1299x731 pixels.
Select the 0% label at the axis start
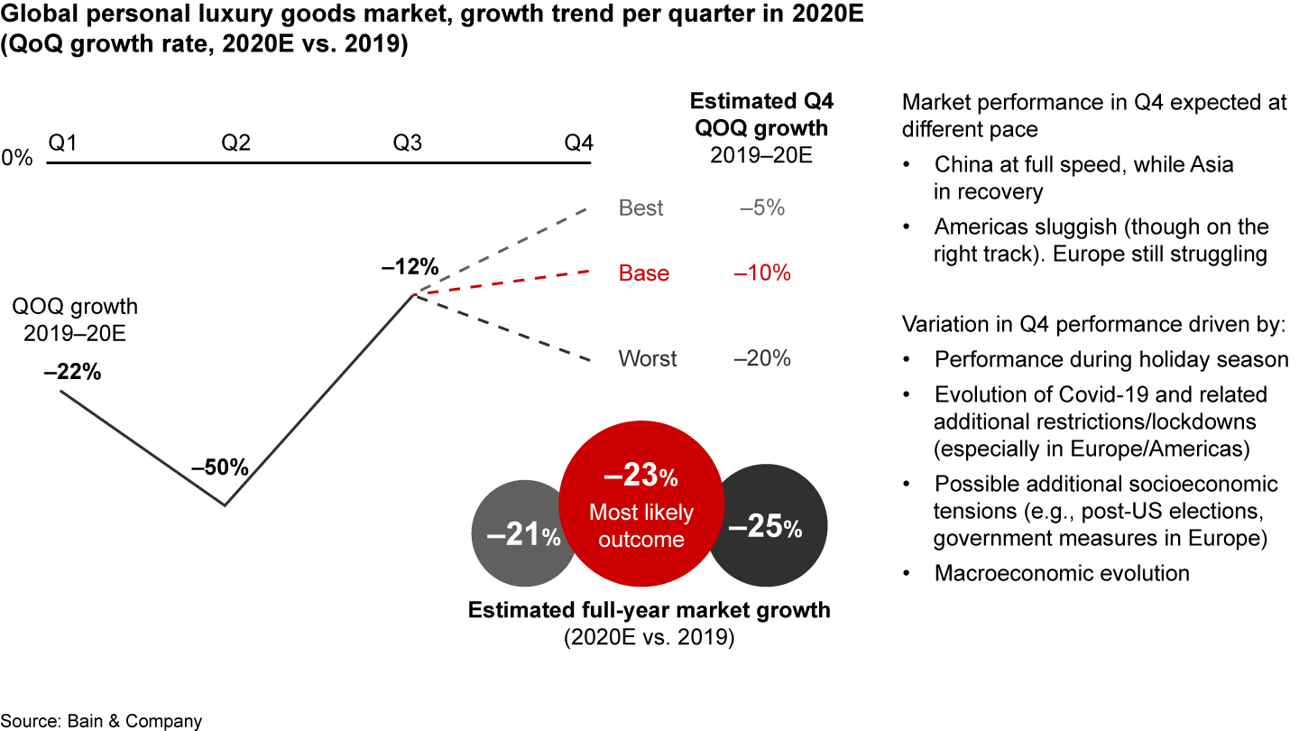click(x=17, y=158)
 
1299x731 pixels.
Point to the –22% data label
click(x=72, y=372)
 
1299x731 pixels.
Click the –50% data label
click(x=219, y=467)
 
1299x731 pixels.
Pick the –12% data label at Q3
click(x=409, y=267)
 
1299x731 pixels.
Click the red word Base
click(x=644, y=273)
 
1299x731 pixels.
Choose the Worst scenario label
click(x=648, y=358)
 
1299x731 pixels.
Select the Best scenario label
click(x=641, y=208)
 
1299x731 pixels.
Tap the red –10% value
click(x=762, y=273)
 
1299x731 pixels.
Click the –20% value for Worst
click(x=762, y=358)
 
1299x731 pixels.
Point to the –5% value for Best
click(x=762, y=208)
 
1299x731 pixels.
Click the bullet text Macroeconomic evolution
click(x=1062, y=573)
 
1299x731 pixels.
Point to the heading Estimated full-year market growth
click(x=649, y=610)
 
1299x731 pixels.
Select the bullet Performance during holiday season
click(x=1111, y=359)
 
